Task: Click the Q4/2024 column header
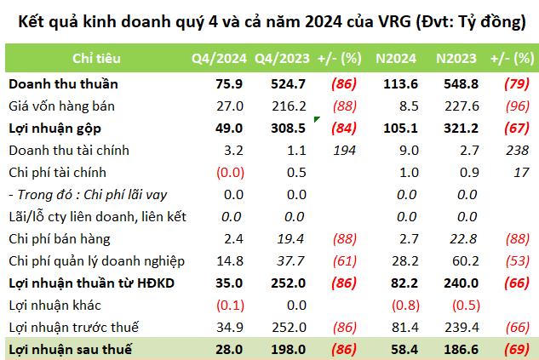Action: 219,59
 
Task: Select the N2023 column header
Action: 456,59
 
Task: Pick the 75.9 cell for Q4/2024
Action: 230,84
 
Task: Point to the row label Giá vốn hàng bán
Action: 61,106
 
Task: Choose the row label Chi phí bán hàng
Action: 60,239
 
